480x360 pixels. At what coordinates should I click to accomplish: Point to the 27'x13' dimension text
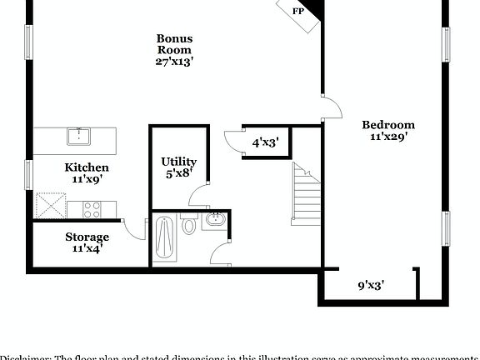click(175, 61)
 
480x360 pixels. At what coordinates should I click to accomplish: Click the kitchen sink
click(80, 136)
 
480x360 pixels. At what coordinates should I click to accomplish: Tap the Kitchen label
click(87, 167)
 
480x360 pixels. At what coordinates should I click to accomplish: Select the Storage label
click(87, 237)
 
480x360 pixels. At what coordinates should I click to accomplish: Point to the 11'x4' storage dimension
click(87, 248)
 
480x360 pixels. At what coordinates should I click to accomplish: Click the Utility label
click(179, 162)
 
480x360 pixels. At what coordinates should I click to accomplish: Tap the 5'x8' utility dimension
click(179, 174)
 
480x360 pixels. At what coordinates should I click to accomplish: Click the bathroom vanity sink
click(215, 222)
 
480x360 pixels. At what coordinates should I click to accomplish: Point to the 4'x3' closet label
click(265, 142)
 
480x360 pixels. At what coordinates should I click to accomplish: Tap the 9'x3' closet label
click(371, 286)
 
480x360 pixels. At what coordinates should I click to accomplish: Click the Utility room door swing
click(200, 197)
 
